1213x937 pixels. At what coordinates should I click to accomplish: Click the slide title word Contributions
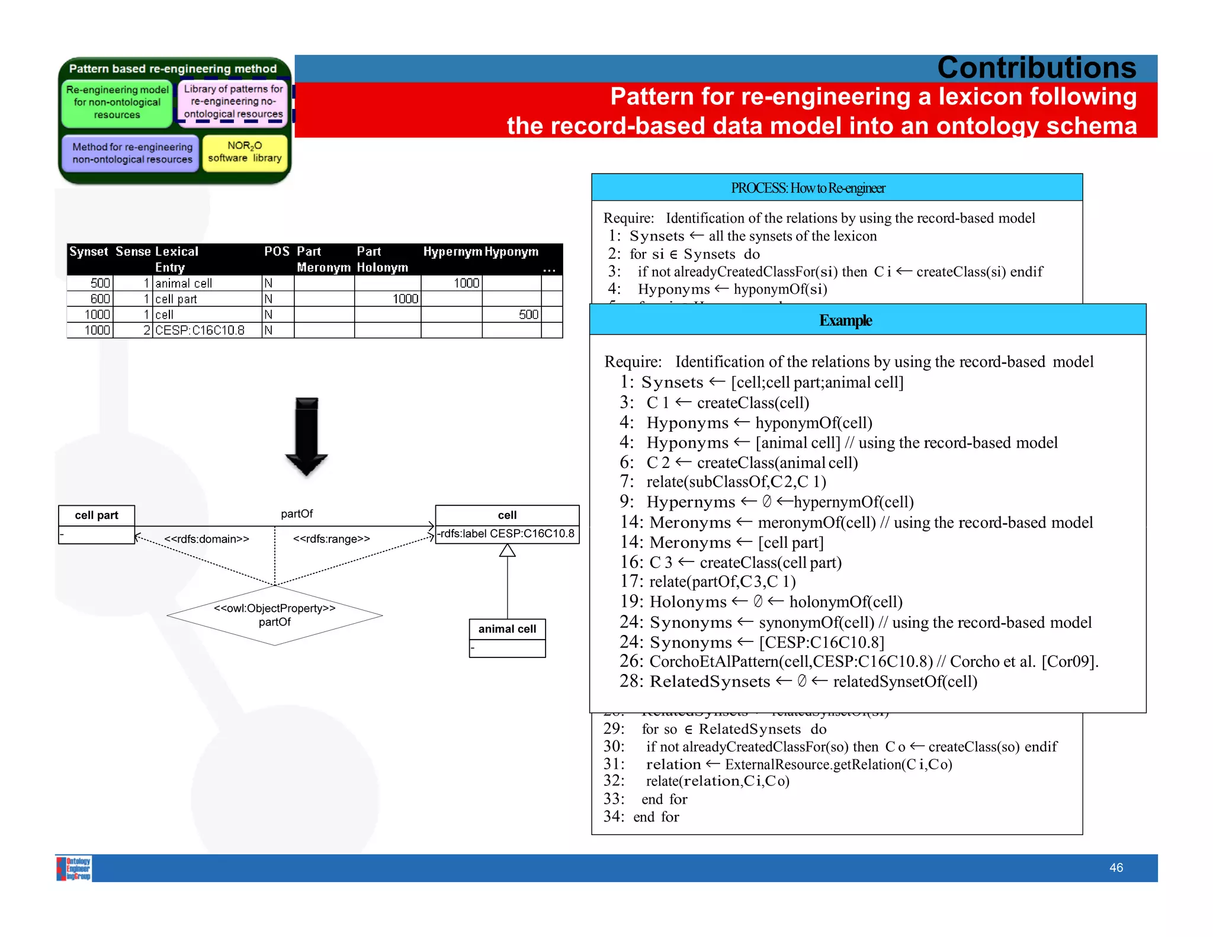click(1036, 68)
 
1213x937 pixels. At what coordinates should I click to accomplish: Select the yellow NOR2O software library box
click(245, 152)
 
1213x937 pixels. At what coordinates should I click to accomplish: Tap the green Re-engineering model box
click(117, 102)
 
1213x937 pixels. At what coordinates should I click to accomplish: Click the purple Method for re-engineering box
click(131, 153)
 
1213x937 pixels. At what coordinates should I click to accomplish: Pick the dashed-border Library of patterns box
click(233, 102)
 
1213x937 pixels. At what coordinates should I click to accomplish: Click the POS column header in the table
click(276, 252)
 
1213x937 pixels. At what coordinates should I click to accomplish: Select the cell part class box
click(97, 524)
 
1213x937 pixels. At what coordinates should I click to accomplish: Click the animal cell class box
click(507, 637)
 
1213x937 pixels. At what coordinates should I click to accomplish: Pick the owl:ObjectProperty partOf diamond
click(275, 615)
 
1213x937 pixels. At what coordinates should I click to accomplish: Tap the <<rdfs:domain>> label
click(207, 539)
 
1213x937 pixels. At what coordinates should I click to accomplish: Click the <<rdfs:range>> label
click(331, 539)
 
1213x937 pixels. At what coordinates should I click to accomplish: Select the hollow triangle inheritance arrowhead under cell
click(507, 551)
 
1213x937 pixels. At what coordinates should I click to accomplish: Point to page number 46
click(1116, 868)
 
